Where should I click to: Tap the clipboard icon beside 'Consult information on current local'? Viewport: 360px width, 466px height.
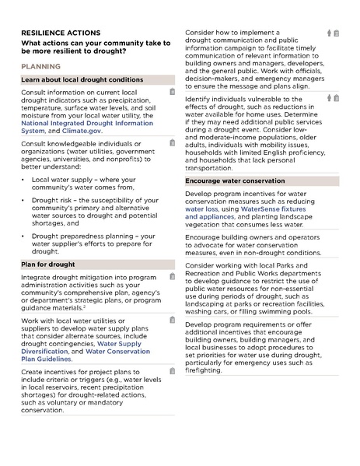(x=172, y=93)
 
